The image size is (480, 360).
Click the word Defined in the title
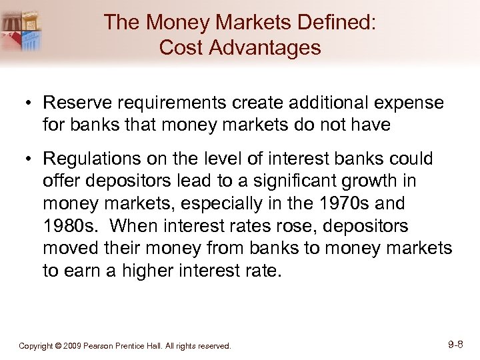tap(331, 23)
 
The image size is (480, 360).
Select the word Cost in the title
tap(181, 48)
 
